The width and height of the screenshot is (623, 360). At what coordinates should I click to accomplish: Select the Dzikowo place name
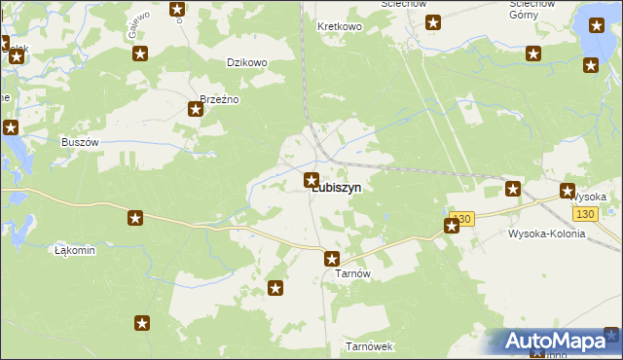(246, 62)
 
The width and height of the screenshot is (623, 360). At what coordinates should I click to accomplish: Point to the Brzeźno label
(219, 99)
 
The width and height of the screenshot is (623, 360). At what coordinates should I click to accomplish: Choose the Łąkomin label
(75, 250)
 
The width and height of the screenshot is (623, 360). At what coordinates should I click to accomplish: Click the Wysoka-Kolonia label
(546, 234)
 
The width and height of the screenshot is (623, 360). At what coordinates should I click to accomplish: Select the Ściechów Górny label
(533, 10)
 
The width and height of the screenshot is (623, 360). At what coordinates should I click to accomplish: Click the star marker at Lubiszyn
(311, 179)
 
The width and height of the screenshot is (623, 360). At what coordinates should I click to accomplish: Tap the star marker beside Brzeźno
(196, 109)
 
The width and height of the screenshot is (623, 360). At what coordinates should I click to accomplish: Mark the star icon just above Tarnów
(332, 259)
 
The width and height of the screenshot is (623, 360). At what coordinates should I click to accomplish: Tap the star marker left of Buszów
(11, 127)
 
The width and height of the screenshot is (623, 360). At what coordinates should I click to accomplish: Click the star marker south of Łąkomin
(142, 323)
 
